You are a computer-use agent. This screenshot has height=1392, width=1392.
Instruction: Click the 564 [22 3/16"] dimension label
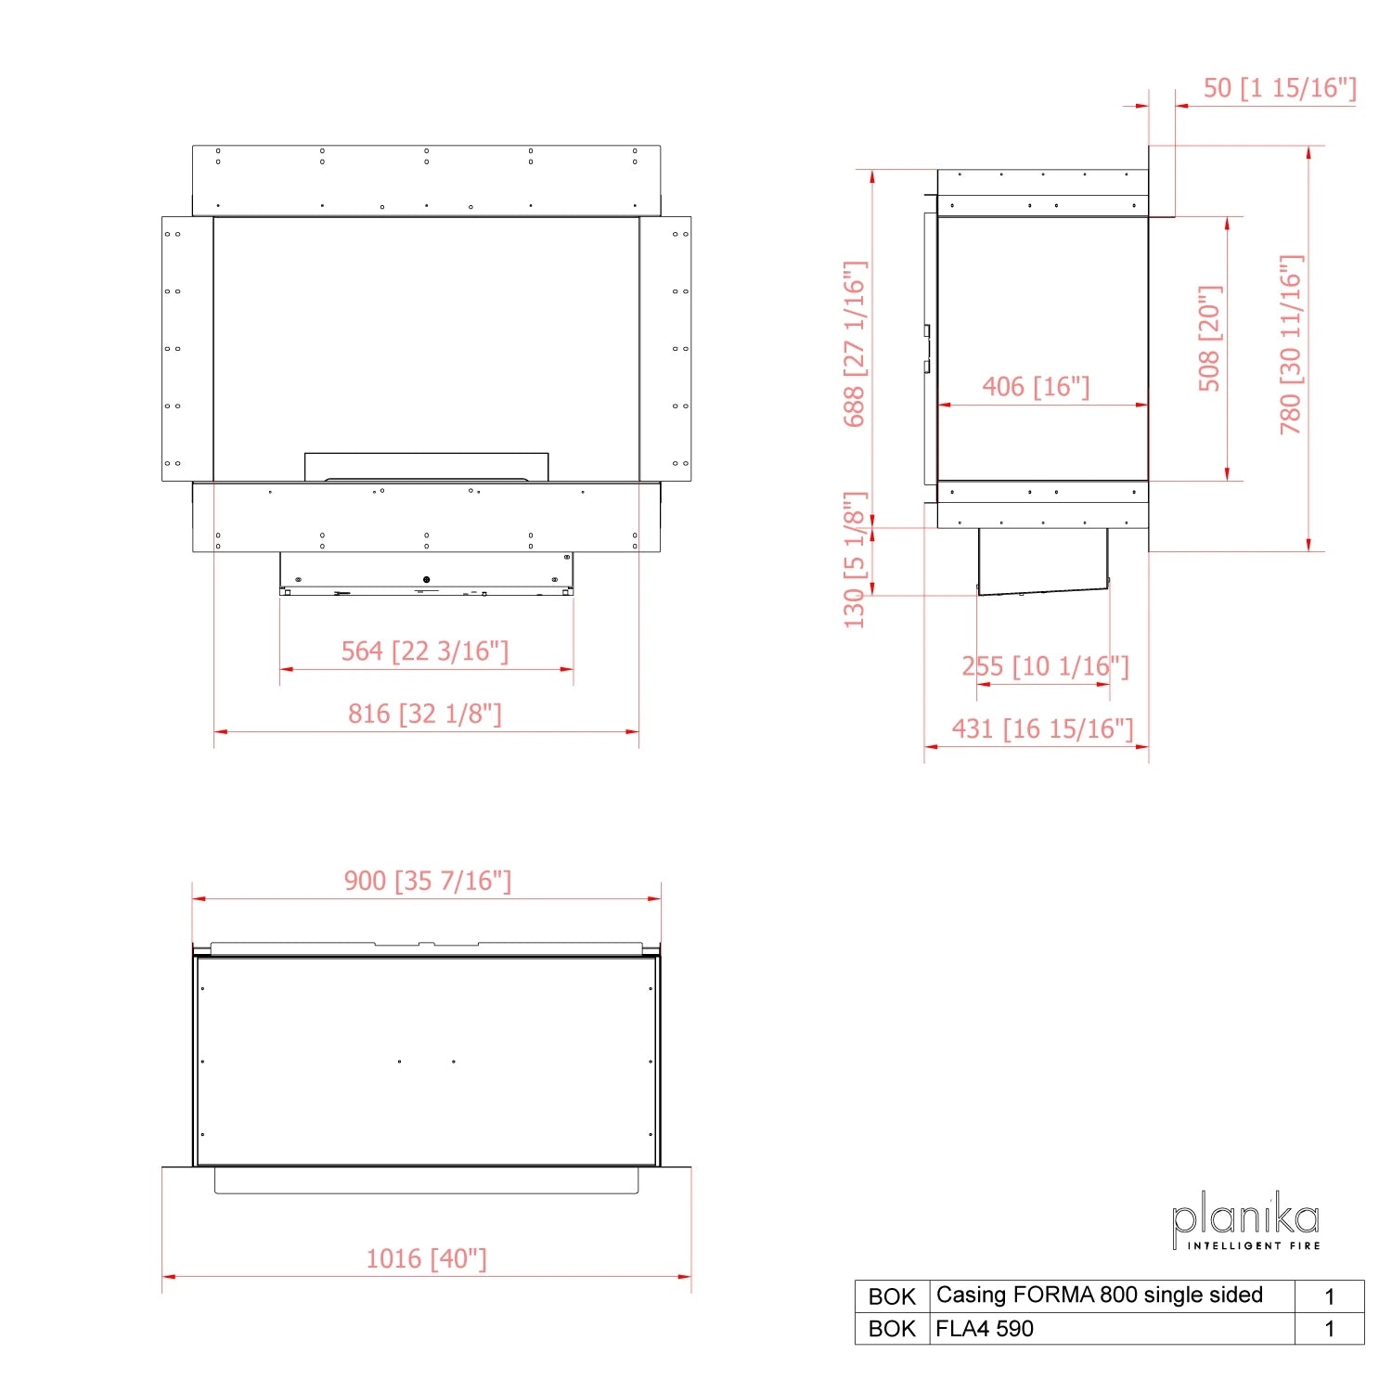pos(425,651)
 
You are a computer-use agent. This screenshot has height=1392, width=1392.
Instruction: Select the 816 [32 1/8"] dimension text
pos(425,714)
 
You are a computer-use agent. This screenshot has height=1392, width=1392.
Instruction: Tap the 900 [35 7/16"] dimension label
pos(428,881)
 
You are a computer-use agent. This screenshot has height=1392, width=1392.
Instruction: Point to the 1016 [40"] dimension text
pos(427,1258)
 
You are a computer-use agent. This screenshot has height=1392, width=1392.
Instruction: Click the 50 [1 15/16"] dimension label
pos(1280,88)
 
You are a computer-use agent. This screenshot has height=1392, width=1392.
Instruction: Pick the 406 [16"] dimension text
pos(1036,386)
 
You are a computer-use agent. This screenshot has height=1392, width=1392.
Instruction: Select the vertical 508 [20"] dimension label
pos(1210,339)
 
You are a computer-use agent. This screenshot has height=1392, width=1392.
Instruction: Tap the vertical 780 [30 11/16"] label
pos(1291,344)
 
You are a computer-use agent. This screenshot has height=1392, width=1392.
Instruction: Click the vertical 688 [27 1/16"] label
pos(854,344)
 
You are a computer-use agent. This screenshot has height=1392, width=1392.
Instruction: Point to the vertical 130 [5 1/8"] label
pos(854,561)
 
